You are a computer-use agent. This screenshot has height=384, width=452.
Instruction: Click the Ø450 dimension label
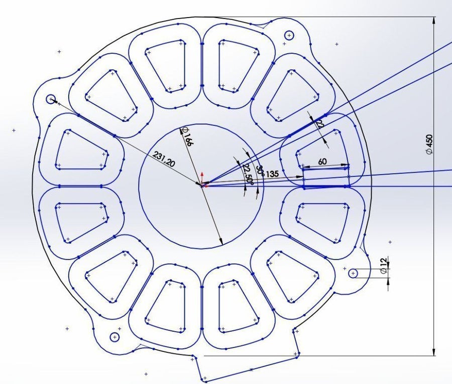(429, 144)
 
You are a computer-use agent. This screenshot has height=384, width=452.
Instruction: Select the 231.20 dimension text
(164, 159)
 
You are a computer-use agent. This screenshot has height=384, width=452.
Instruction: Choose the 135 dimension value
(272, 174)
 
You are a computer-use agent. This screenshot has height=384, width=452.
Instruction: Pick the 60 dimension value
(322, 161)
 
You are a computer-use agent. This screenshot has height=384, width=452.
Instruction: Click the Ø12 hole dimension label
(383, 266)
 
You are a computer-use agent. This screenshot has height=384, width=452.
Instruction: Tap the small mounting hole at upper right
(289, 36)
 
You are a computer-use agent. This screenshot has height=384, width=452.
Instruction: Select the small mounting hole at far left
(51, 99)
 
